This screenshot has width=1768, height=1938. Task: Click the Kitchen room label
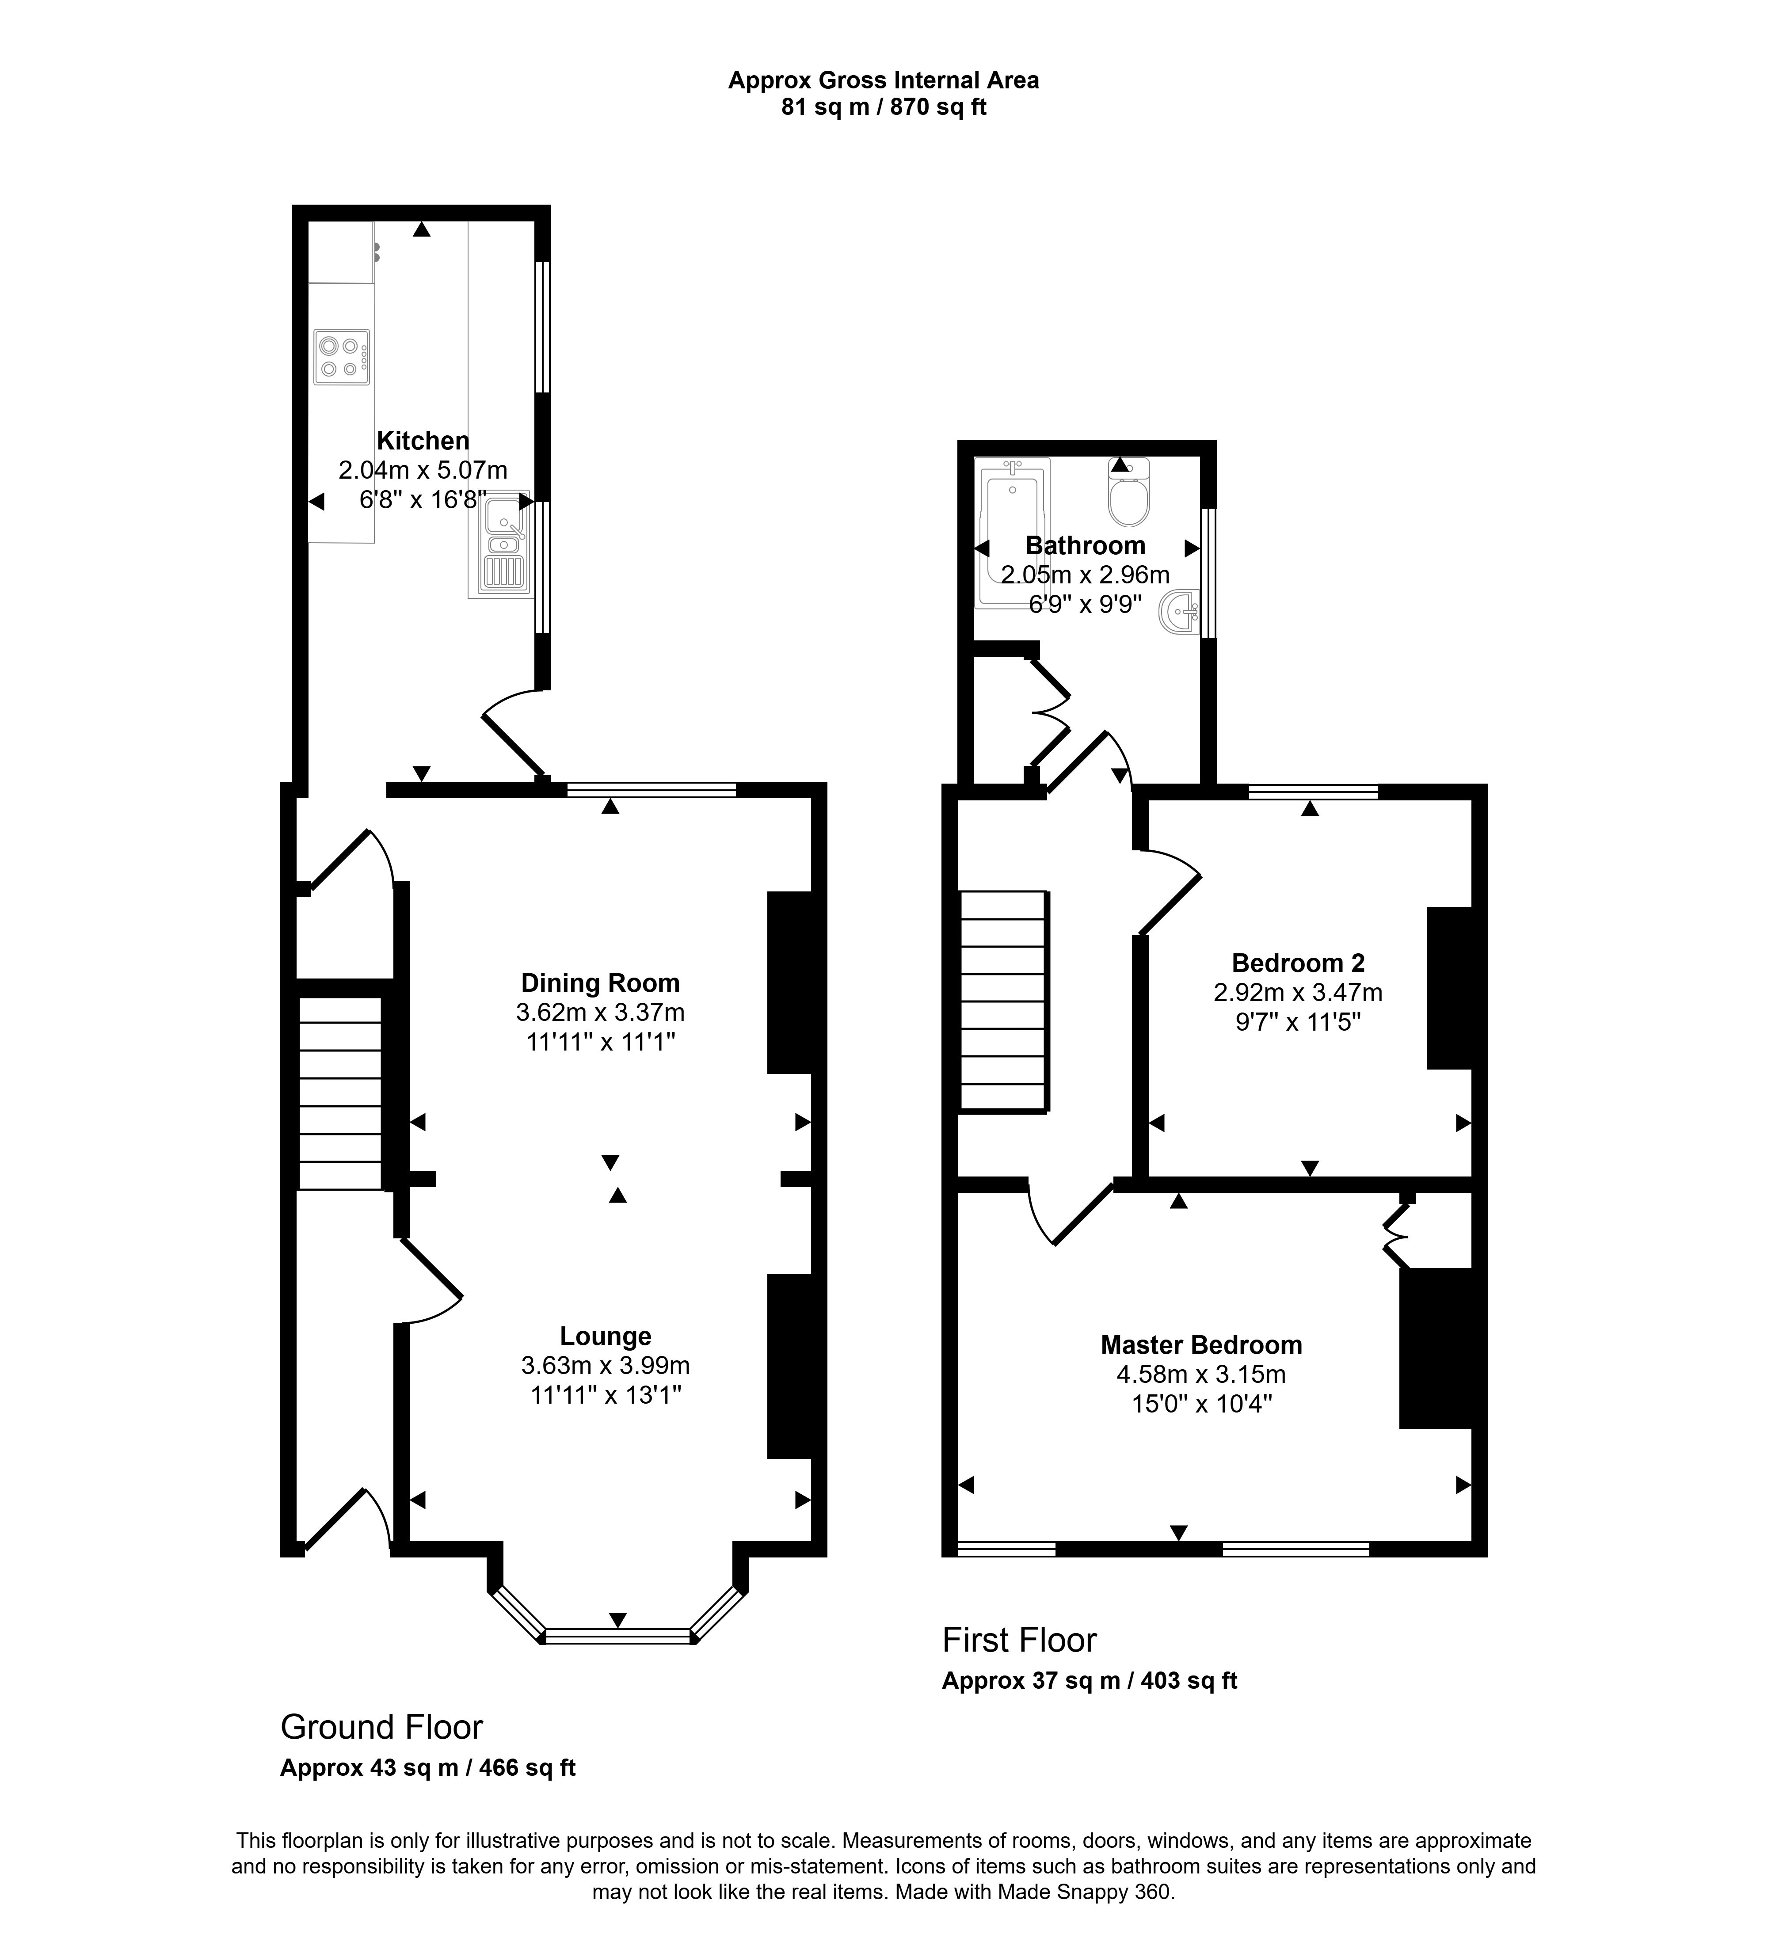point(423,441)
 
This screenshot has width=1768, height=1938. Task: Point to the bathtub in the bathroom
point(1011,533)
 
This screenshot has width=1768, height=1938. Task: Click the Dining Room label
point(600,983)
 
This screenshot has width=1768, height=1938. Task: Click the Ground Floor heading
point(382,1728)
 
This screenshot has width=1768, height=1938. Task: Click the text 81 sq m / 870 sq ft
point(884,108)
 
